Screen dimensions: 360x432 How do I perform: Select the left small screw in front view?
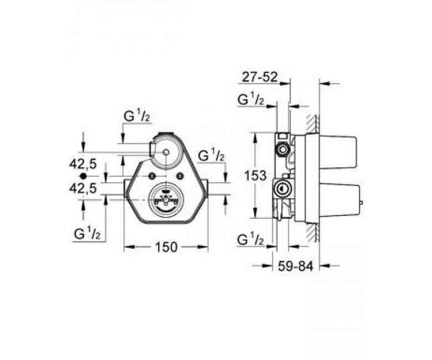(152, 177)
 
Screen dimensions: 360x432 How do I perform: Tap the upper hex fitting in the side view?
(282, 149)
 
